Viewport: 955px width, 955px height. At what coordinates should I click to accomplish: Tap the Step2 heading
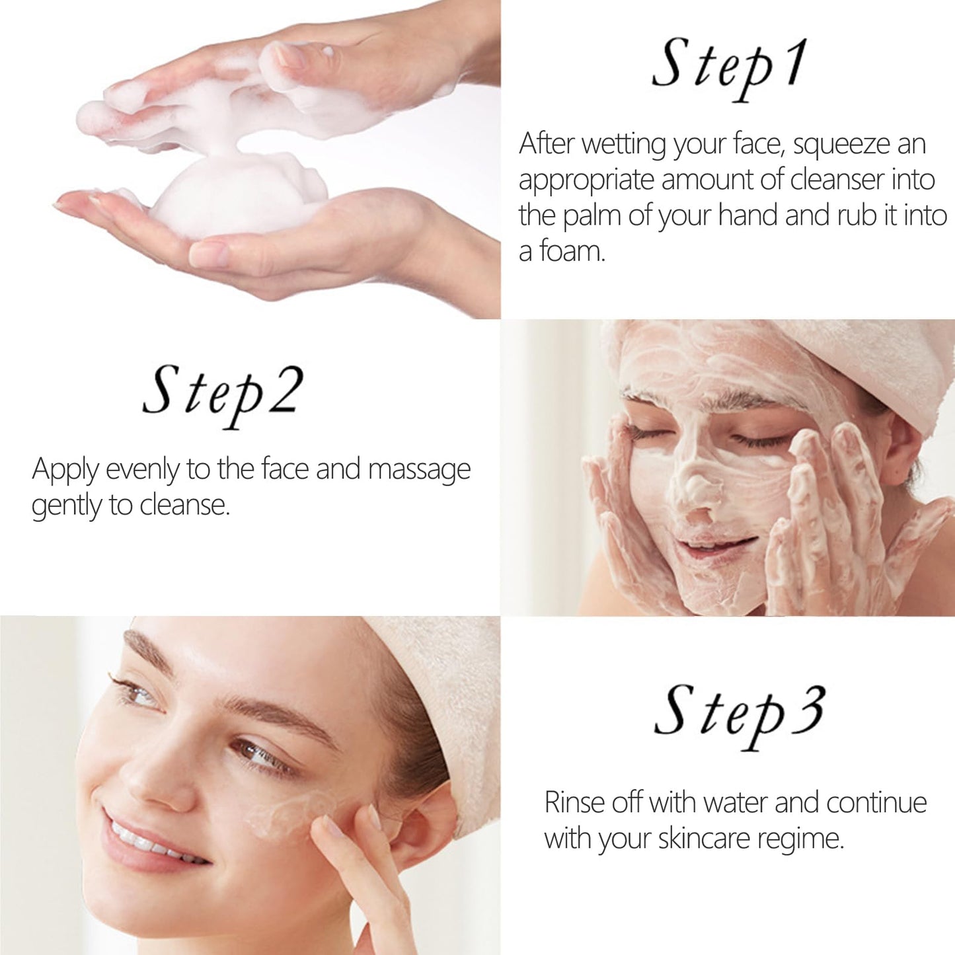(223, 393)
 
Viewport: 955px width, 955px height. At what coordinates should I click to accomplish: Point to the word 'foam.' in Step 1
(572, 252)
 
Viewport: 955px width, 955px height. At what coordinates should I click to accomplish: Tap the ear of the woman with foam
(901, 449)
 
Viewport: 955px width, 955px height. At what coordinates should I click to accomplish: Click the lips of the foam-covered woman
(717, 545)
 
